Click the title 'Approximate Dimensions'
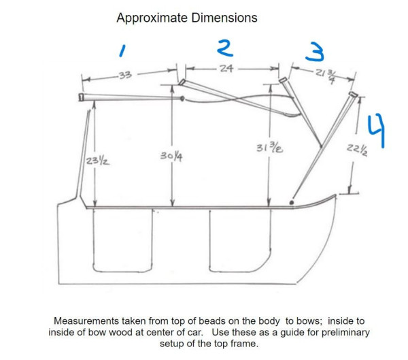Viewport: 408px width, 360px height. click(x=186, y=18)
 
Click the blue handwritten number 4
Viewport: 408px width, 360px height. click(x=376, y=130)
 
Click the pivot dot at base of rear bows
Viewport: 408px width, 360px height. click(x=292, y=202)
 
